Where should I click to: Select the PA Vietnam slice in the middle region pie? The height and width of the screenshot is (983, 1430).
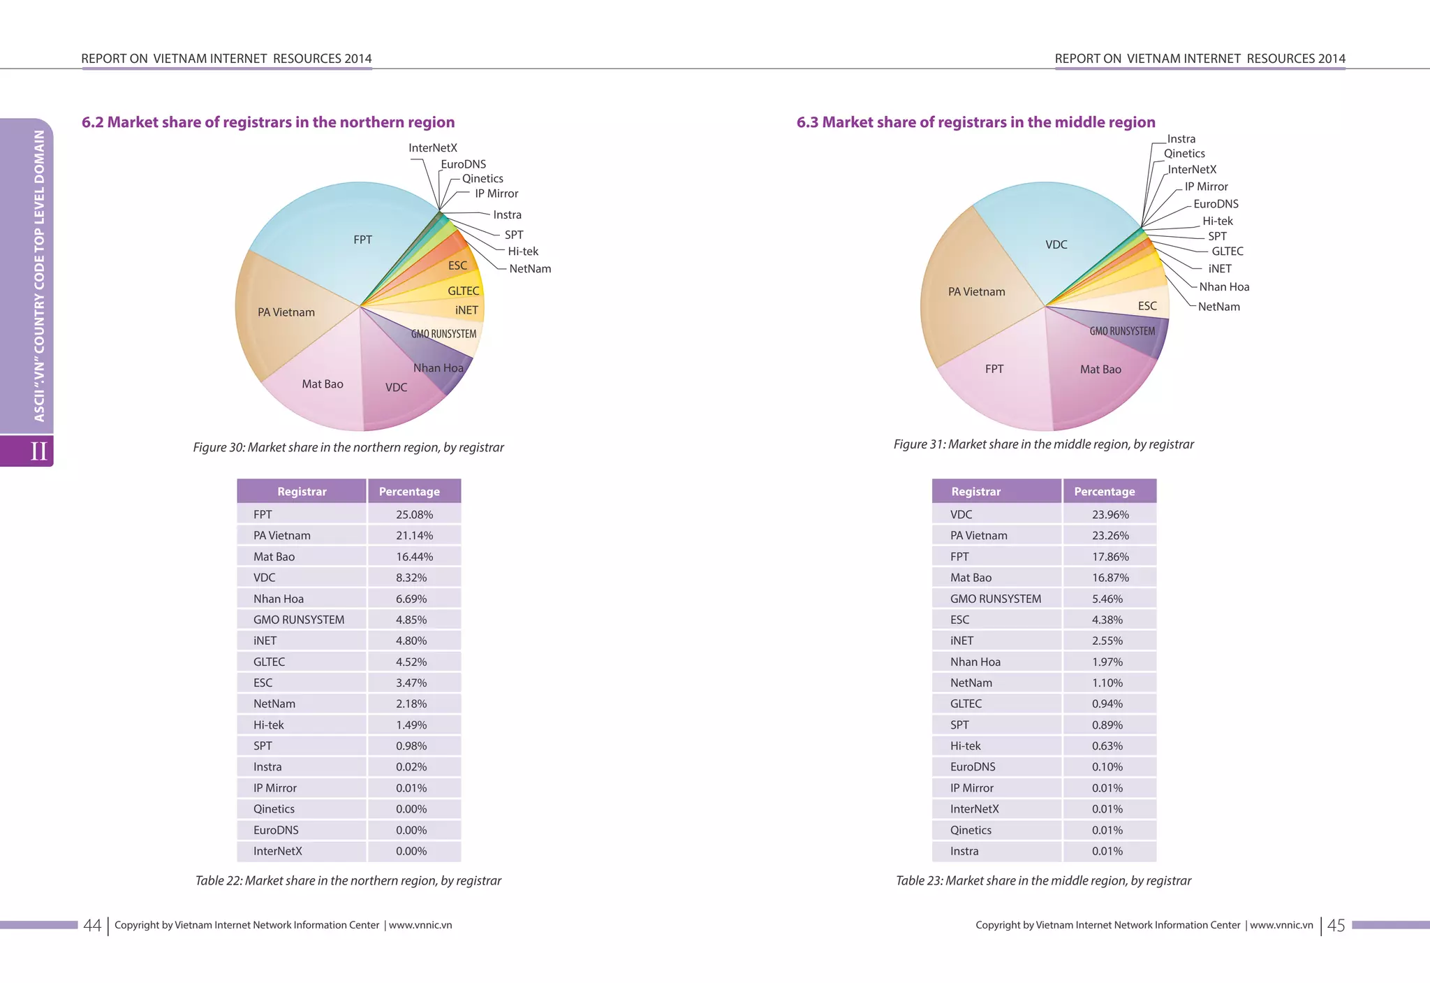click(x=976, y=292)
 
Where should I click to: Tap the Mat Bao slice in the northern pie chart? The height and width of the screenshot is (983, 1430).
click(x=322, y=384)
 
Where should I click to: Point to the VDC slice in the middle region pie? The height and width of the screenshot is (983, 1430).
click(x=1056, y=245)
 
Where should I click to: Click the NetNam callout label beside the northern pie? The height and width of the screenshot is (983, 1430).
click(x=530, y=269)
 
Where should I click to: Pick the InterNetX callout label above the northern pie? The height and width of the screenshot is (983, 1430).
click(x=433, y=148)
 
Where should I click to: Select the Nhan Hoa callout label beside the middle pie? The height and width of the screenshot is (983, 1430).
click(x=1224, y=287)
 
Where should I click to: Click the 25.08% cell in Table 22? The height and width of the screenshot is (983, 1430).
click(x=414, y=515)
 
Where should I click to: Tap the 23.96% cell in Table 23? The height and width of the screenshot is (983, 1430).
click(x=1110, y=515)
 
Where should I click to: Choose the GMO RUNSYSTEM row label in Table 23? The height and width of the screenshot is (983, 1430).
click(x=995, y=599)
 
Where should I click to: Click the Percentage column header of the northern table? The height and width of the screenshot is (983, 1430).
click(x=409, y=492)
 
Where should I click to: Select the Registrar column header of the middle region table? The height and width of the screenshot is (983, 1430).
click(x=975, y=492)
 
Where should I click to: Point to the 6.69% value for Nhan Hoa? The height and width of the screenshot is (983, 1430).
click(x=411, y=599)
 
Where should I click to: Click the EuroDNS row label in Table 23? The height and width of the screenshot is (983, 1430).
click(x=973, y=767)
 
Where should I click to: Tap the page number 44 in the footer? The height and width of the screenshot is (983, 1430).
click(x=92, y=926)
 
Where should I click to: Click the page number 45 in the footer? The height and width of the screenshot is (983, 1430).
click(x=1336, y=926)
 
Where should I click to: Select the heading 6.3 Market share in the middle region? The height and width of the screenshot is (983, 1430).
click(x=975, y=122)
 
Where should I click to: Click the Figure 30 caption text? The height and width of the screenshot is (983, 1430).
click(x=348, y=448)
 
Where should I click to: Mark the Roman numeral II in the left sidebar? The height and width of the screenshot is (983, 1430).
click(x=38, y=451)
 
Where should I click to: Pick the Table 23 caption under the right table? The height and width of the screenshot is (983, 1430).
click(x=1043, y=881)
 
